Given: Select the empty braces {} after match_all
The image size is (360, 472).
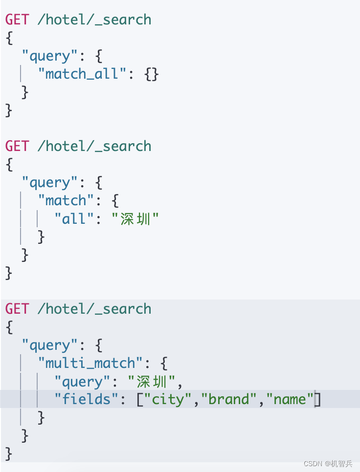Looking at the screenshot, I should (152, 74).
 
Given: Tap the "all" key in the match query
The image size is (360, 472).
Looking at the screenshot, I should (74, 219).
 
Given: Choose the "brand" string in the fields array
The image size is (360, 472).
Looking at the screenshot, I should (229, 399).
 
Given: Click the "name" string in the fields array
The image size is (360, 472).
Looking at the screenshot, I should (290, 399).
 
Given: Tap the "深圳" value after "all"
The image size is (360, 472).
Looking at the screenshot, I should (135, 219).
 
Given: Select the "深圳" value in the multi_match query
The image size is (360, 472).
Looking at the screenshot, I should (152, 381).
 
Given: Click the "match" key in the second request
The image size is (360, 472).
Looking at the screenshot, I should (66, 200).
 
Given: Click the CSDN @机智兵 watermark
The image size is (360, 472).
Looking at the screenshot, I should (328, 464).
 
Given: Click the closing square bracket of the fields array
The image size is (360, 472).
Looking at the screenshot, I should (317, 399).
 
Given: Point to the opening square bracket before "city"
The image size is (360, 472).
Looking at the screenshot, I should (139, 399).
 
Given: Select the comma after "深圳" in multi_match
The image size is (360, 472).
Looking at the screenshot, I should (180, 383).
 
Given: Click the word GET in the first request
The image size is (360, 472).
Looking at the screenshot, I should (17, 20).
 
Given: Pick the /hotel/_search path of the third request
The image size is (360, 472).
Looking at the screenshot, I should (94, 309).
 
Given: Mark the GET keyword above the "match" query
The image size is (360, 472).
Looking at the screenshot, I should (17, 146).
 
